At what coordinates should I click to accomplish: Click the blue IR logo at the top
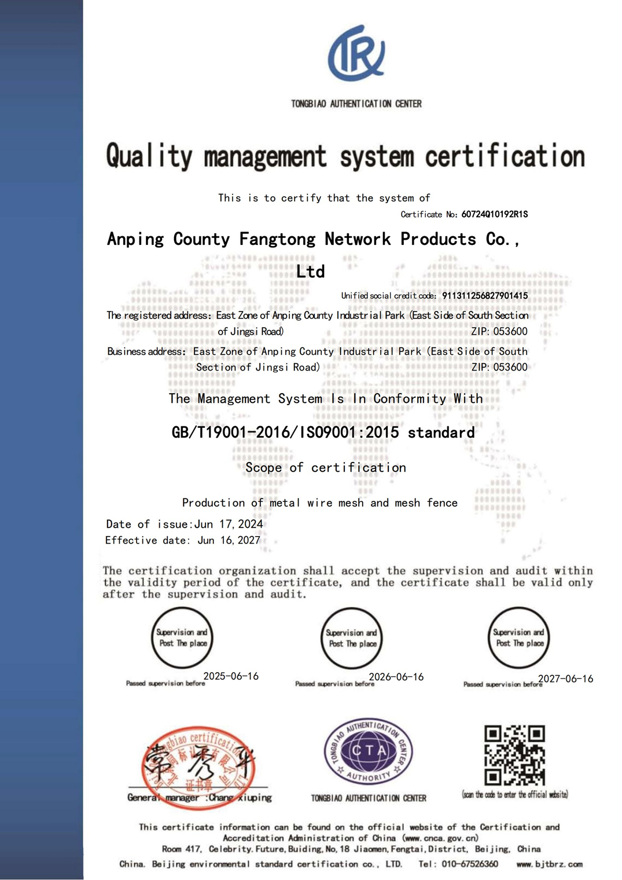tap(356, 54)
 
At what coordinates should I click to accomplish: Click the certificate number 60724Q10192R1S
tap(494, 214)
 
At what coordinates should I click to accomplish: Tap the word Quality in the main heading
tap(149, 157)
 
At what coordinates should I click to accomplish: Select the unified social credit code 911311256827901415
tap(485, 296)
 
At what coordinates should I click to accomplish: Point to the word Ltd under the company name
tap(311, 272)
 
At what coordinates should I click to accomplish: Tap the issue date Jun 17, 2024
tap(229, 525)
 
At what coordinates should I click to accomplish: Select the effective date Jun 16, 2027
tap(229, 540)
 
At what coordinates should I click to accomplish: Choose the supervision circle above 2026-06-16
tap(352, 638)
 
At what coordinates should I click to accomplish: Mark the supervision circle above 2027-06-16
tap(518, 637)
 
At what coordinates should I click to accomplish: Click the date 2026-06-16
tap(396, 677)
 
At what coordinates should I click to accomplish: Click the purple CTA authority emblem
tap(369, 751)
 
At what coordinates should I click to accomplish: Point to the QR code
tap(514, 755)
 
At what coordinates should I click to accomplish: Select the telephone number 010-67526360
tap(469, 864)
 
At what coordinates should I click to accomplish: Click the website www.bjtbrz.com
tap(550, 864)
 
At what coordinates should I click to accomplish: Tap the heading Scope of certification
tap(326, 468)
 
